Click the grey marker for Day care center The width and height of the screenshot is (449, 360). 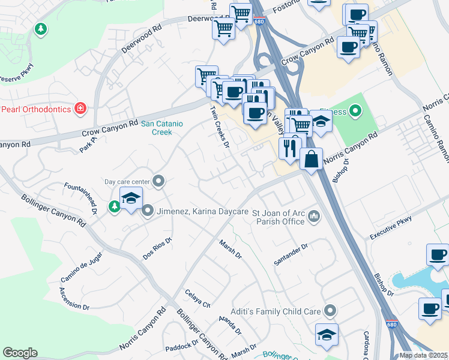pyautogui.click(x=158, y=181)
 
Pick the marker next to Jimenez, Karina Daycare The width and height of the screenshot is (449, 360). pyautogui.click(x=148, y=211)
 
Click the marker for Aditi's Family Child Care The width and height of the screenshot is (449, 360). pyautogui.click(x=330, y=311)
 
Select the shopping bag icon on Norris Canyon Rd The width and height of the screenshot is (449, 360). pyautogui.click(x=311, y=160)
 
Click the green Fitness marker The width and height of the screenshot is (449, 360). pyautogui.click(x=355, y=110)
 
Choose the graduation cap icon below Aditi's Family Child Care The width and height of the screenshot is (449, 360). pyautogui.click(x=327, y=335)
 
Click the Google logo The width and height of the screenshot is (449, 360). pyautogui.click(x=20, y=353)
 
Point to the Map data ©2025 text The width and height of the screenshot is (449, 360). pyautogui.click(x=423, y=355)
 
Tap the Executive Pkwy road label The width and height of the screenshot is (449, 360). pyautogui.click(x=391, y=227)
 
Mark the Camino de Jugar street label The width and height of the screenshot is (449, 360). pyautogui.click(x=81, y=268)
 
